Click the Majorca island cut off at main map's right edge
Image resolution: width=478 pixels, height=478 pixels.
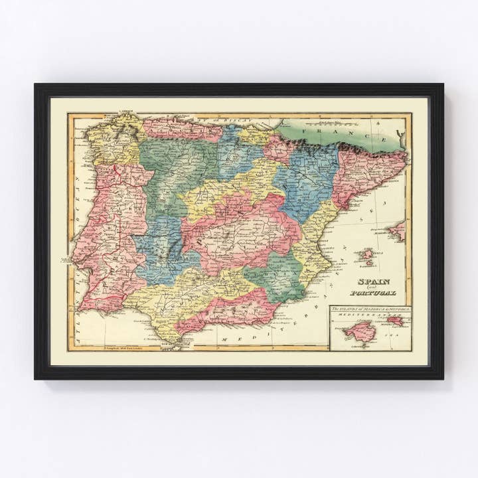(x=398, y=231)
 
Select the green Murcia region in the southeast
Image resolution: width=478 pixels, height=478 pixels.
(x=276, y=276)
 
